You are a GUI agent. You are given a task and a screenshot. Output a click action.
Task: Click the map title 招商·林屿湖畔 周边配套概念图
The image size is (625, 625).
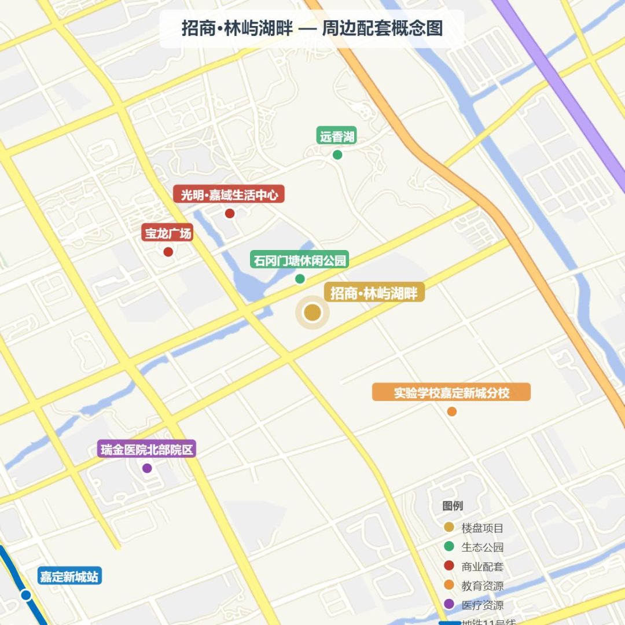pyautogui.click(x=312, y=28)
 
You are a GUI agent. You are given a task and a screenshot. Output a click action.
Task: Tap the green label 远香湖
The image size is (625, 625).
pyautogui.click(x=337, y=137)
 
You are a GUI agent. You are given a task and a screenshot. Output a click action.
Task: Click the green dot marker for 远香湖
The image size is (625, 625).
pyautogui.click(x=337, y=155)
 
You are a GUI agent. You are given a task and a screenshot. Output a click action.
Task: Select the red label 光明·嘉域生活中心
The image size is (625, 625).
pyautogui.click(x=229, y=194)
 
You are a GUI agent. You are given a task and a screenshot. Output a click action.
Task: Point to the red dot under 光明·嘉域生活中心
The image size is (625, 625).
pyautogui.click(x=230, y=213)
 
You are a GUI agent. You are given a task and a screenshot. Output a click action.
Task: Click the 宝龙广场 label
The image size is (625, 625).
pyautogui.click(x=168, y=233)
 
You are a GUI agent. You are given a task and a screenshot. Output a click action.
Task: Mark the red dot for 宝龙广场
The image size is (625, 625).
pyautogui.click(x=168, y=252)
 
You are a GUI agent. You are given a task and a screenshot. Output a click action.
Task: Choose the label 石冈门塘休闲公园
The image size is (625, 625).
pyautogui.click(x=300, y=260)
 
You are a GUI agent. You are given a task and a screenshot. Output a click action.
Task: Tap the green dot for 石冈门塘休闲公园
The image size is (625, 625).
pyautogui.click(x=300, y=279)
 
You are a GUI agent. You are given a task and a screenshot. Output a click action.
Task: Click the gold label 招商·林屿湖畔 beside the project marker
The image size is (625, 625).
pyautogui.click(x=374, y=293)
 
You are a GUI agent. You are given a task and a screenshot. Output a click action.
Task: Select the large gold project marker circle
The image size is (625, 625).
pyautogui.click(x=312, y=312)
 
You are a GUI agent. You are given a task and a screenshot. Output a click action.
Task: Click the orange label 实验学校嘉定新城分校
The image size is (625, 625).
pyautogui.click(x=451, y=392)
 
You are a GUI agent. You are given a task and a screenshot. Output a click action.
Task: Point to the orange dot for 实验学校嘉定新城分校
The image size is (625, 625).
pyautogui.click(x=452, y=411)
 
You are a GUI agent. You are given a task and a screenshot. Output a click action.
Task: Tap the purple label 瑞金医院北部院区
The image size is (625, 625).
pyautogui.click(x=147, y=449)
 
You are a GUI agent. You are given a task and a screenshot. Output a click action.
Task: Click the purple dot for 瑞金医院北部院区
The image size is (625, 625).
pyautogui.click(x=147, y=468)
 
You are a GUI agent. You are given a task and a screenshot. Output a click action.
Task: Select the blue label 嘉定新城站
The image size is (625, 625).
pyautogui.click(x=69, y=576)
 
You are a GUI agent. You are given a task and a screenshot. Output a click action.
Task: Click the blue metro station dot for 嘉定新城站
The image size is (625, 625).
pyautogui.click(x=25, y=595)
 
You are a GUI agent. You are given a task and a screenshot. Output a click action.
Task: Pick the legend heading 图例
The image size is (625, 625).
pyautogui.click(x=453, y=506)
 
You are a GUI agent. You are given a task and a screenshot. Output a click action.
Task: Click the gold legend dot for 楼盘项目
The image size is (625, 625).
pyautogui.click(x=448, y=527)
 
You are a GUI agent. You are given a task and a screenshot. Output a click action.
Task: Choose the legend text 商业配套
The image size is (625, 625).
pyautogui.click(x=482, y=567)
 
